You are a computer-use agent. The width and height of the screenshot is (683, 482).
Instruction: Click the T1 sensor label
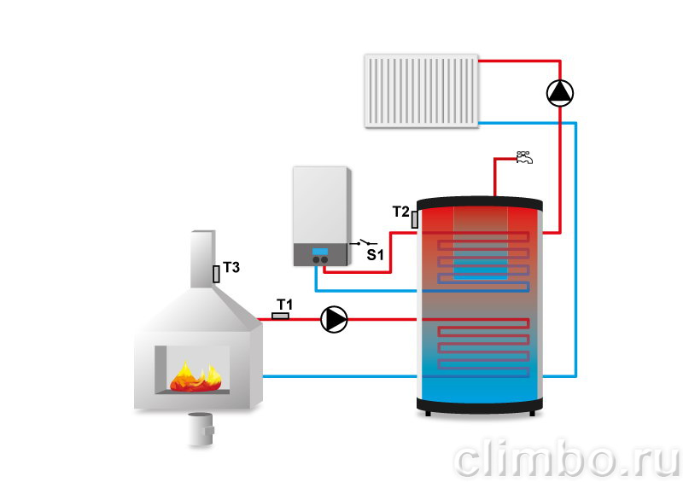point(284,304)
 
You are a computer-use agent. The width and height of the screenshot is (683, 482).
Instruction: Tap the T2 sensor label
point(400,212)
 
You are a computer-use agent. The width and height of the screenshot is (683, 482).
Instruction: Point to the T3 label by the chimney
point(231,267)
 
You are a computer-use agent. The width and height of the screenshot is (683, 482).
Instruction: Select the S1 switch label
point(375,254)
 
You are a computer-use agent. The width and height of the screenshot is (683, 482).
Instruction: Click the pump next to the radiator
point(560,93)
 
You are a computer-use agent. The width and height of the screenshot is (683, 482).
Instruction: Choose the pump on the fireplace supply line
point(334,319)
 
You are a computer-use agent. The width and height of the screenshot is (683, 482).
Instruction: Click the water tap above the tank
point(523,157)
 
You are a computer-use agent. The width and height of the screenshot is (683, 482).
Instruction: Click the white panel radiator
point(421,91)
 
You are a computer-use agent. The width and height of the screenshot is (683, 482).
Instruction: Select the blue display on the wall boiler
point(320,252)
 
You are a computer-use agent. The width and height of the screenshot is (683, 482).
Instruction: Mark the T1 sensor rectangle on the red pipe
point(280,316)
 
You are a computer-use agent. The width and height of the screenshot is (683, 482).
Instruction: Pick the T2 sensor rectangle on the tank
point(415,219)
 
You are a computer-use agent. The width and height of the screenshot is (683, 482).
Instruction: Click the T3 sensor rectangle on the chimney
point(216,274)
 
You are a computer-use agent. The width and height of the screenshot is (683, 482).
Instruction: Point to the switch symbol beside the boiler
point(364,242)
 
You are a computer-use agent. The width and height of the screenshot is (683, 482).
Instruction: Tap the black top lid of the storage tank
point(480,203)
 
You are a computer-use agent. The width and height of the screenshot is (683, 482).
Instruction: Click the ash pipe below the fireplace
point(201,429)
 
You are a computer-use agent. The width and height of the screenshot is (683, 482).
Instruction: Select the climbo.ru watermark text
point(566,459)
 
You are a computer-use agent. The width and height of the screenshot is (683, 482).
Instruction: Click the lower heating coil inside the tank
point(483,348)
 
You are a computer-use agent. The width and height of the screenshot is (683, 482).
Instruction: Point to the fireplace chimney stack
point(203,259)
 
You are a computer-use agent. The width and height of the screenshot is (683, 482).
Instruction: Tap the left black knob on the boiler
point(316,260)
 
